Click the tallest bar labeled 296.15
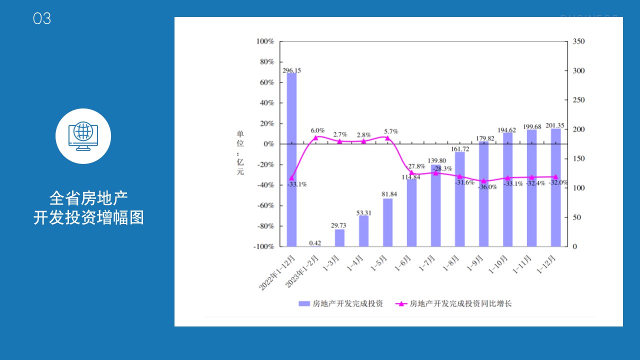291,160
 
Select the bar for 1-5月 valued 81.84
387,222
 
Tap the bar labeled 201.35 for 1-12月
555,187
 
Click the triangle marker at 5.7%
387,138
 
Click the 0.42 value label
315,243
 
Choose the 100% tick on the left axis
265,41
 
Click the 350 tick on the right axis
578,41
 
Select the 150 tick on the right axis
578,159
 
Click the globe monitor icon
83,136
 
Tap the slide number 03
42,19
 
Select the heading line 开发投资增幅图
88,218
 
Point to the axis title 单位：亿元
240,153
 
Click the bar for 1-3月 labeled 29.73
339,237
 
